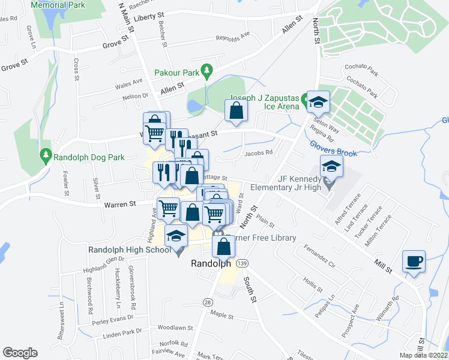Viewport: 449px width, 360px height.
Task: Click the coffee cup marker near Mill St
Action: pos(414,261)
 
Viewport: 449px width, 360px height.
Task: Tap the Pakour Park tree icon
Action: pos(207,71)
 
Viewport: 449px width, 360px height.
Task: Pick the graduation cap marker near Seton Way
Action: pos(318,102)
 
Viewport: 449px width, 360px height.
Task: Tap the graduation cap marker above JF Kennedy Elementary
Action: pos(331,166)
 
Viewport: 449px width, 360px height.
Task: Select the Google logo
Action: pos(20,352)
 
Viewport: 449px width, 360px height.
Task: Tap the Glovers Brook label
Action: pos(334,149)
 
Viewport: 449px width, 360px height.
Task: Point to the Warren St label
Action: pos(120,205)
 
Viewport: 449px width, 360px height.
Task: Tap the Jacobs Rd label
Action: pos(259,152)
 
